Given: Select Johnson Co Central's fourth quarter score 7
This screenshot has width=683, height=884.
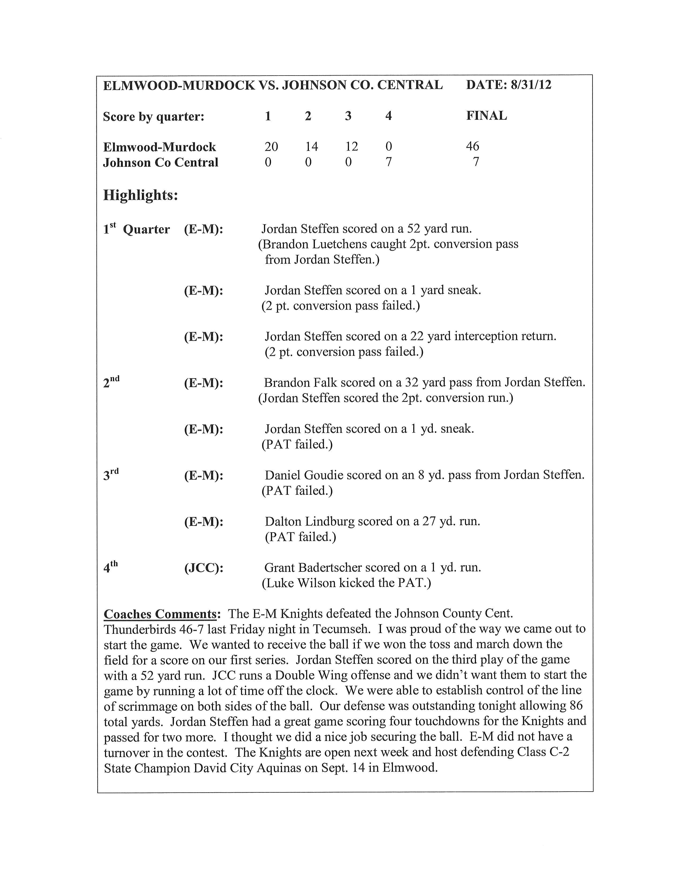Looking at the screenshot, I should pyautogui.click(x=388, y=162).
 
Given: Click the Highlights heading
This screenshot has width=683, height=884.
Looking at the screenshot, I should pyautogui.click(x=140, y=195).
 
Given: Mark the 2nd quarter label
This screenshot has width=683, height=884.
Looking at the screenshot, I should pyautogui.click(x=111, y=382).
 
